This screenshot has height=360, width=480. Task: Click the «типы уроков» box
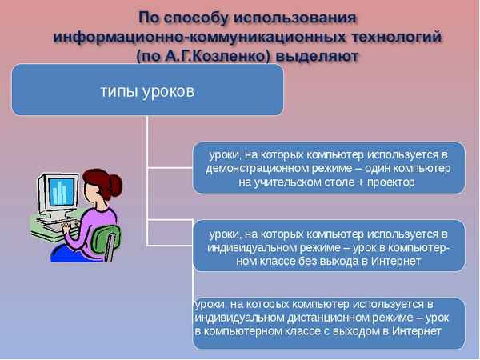pyautogui.click(x=146, y=90)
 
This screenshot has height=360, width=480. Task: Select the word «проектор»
pyautogui.click(x=388, y=182)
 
